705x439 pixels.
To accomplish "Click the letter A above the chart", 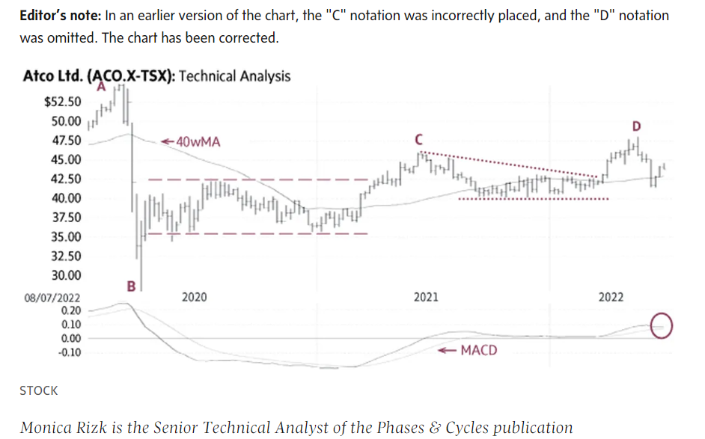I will tap(101, 87).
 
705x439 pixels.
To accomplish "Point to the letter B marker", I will tap(131, 285).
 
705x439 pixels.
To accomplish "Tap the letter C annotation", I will tap(418, 139).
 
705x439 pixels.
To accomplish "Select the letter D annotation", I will tap(637, 125).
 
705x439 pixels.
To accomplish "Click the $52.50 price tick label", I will tap(63, 102).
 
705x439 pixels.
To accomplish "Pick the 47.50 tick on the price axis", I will tap(66, 141).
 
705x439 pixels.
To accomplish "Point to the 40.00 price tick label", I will tap(66, 198).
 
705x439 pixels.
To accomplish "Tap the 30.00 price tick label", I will tap(66, 275).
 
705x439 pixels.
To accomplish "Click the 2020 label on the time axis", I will tap(194, 298).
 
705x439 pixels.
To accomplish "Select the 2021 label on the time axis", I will tap(426, 298).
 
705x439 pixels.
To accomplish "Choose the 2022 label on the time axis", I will tap(611, 298).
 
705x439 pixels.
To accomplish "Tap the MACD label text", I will tap(478, 350).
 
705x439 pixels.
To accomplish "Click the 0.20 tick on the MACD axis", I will tap(71, 310).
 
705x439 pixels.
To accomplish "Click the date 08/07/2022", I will tap(52, 298).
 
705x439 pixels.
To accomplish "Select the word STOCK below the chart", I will tap(38, 390).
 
